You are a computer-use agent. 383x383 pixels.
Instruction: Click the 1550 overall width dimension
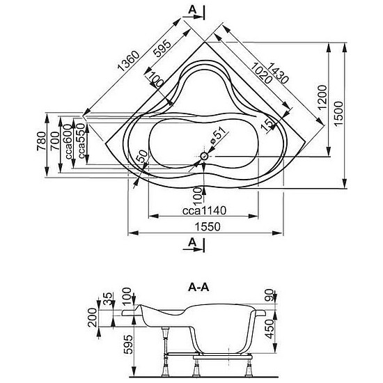[208, 227]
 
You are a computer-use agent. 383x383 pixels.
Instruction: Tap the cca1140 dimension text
[204, 210]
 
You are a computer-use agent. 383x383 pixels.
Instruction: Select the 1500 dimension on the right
[338, 114]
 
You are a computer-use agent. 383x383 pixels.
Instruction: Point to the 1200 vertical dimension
[322, 97]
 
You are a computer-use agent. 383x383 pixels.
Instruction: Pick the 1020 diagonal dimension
[261, 73]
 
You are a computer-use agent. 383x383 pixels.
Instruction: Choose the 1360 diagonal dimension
[129, 61]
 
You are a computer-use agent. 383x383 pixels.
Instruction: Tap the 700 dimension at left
[55, 141]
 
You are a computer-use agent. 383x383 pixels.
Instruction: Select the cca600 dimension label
[69, 141]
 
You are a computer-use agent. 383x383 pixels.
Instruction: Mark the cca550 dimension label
[81, 141]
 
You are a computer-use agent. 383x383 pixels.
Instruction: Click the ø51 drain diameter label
[216, 136]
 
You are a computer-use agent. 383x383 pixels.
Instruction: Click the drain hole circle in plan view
[204, 156]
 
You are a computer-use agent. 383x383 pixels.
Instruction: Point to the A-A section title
[198, 288]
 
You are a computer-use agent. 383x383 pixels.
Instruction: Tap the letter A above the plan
[192, 10]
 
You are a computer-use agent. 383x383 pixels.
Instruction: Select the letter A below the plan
[192, 242]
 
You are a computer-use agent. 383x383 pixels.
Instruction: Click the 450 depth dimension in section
[269, 329]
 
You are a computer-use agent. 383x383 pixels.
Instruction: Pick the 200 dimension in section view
[93, 318]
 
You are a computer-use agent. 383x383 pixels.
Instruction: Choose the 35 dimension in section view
[108, 299]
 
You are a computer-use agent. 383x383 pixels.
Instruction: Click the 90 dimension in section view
[269, 295]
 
